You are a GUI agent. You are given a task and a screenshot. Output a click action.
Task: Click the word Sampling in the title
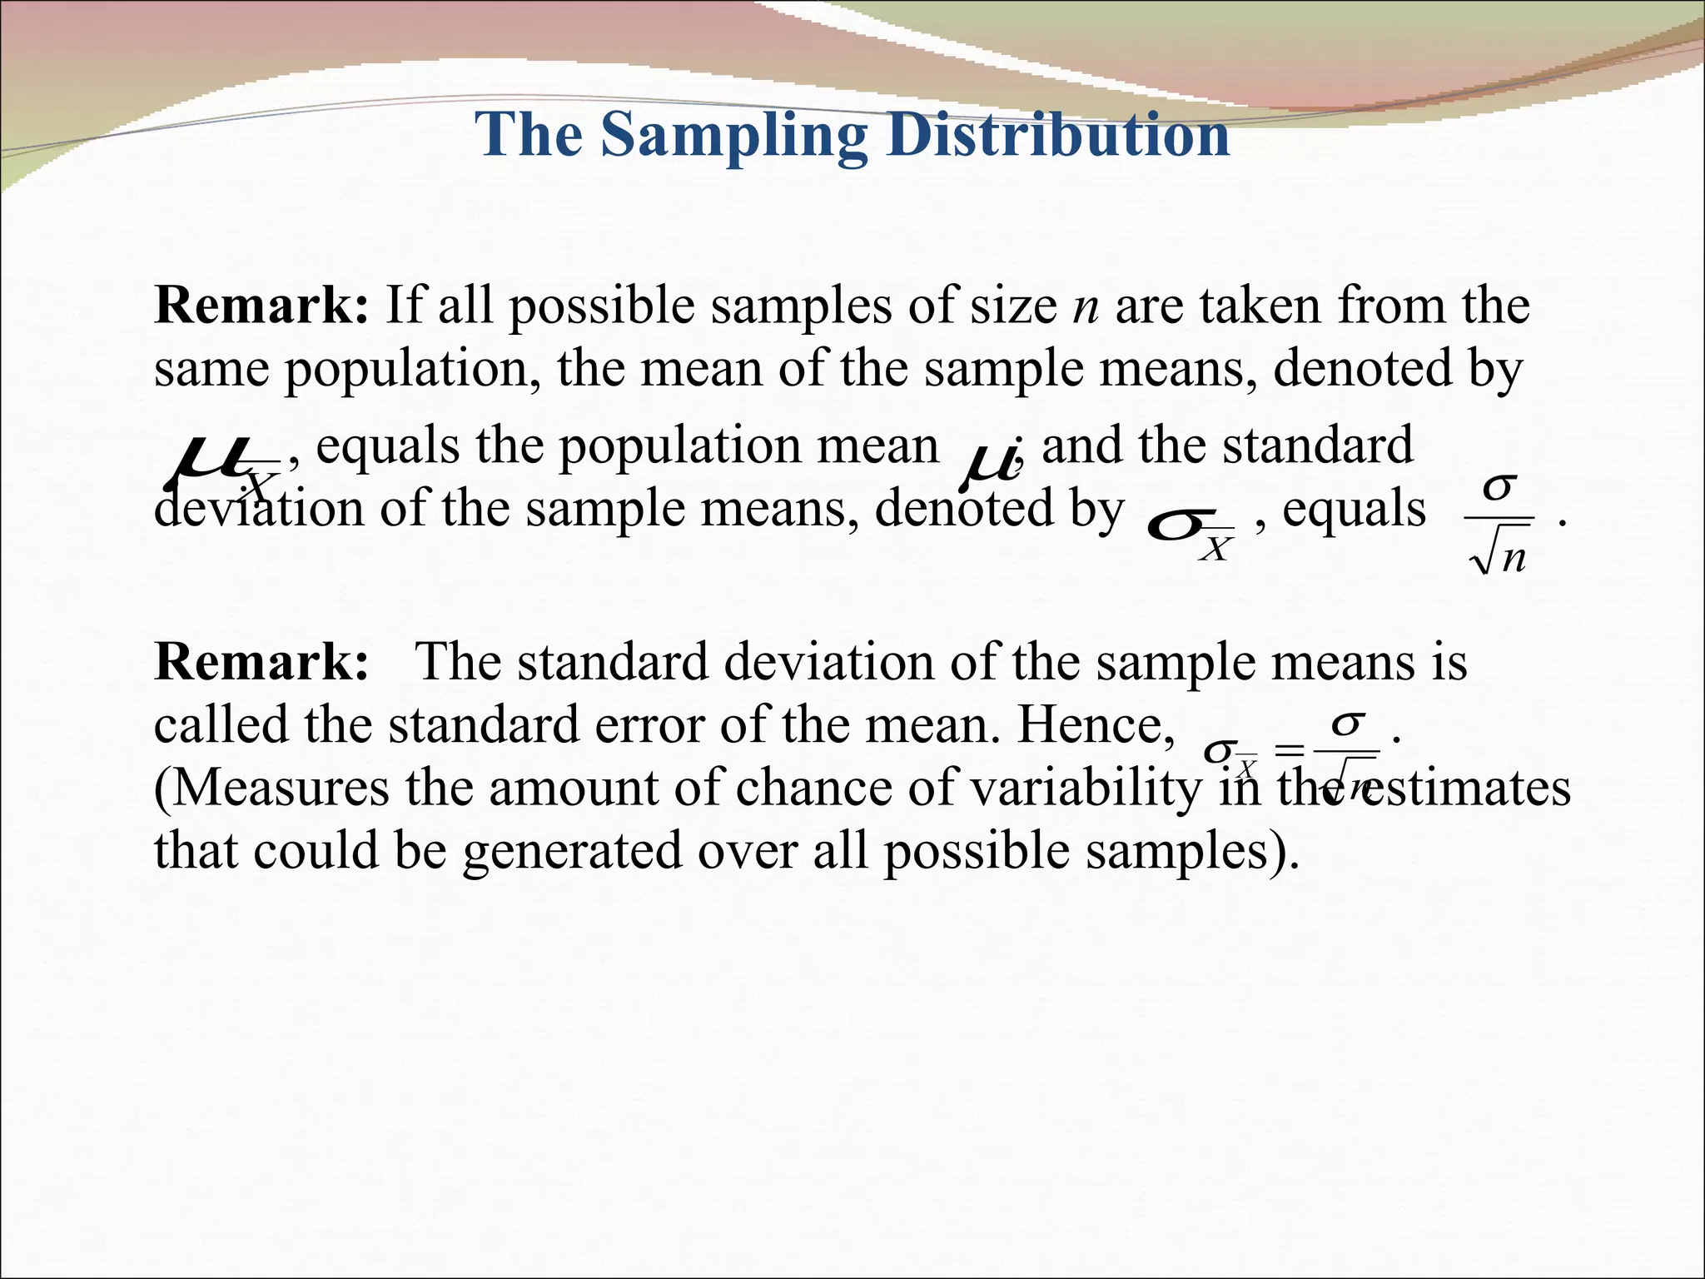734,135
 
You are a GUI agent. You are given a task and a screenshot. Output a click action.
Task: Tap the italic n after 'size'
1086,306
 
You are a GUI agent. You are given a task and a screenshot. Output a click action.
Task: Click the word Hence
1094,725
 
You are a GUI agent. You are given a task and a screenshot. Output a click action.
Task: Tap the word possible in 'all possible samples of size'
601,306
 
